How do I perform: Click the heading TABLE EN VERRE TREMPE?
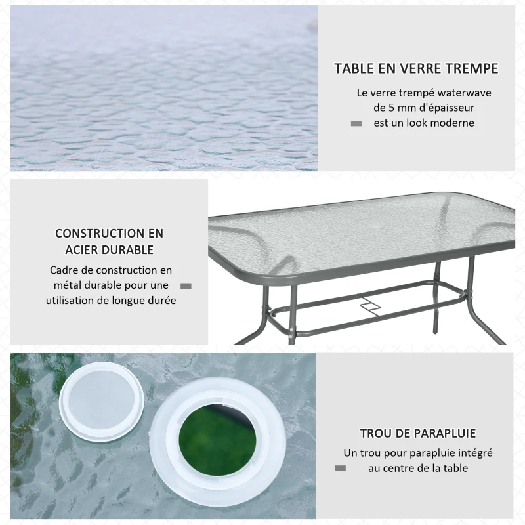click(x=416, y=69)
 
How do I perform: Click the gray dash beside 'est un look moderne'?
click(x=356, y=123)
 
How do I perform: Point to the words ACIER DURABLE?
click(x=110, y=250)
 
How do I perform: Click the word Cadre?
click(x=64, y=270)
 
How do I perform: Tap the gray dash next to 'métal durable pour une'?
click(x=186, y=285)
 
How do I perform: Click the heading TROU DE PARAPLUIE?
click(x=417, y=434)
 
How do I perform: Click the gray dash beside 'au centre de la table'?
click(x=340, y=468)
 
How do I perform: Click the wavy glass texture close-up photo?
click(x=164, y=89)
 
